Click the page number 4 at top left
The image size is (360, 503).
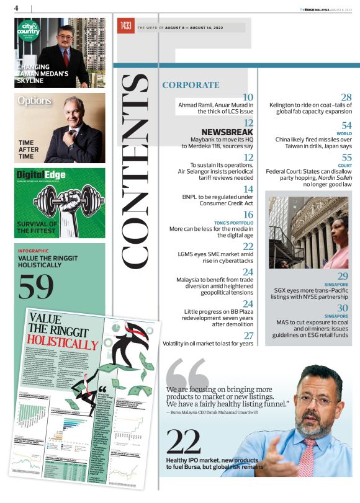[x=16, y=7]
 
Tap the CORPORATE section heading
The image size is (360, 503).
[x=191, y=85]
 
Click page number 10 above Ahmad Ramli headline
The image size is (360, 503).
[x=248, y=97]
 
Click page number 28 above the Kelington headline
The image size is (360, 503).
[x=346, y=97]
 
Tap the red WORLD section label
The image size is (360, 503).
[x=344, y=133]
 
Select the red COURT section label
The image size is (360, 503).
[x=345, y=166]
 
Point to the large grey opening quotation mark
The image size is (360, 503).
[x=187, y=372]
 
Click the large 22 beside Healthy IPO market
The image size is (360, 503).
[x=184, y=442]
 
